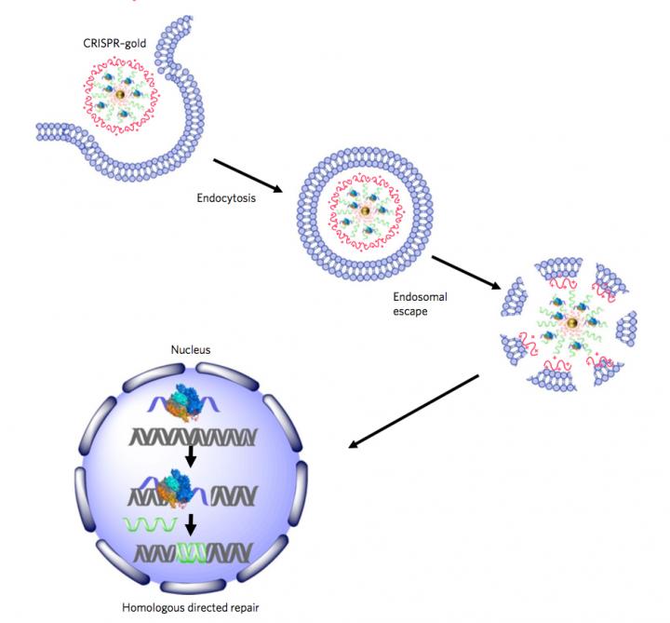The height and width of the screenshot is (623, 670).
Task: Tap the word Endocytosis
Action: coord(227,197)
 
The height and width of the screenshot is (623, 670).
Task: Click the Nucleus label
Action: coord(190,350)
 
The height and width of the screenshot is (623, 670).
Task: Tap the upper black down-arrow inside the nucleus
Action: coord(189,457)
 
